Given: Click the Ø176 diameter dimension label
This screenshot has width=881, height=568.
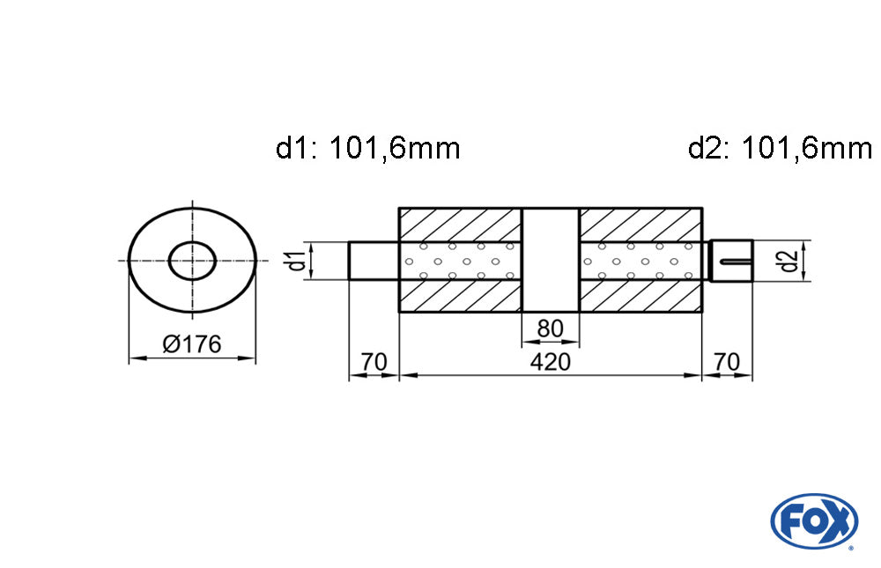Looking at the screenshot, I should coord(192,344).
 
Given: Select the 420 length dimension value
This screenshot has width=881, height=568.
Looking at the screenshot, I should coord(551,362).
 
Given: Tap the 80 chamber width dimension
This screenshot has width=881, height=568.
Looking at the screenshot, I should coord(551,328).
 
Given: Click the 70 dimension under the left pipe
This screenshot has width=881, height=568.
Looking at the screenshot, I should coord(374,362).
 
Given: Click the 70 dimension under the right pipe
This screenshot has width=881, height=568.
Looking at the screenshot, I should coord(728,362).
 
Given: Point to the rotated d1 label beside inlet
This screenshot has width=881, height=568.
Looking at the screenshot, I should coord(298,261).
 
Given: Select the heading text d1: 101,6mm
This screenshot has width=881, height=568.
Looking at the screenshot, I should coord(368,148).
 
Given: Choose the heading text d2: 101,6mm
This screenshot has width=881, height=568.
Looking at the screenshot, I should coord(780,148).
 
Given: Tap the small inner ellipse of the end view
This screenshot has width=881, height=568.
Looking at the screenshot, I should coord(192,260).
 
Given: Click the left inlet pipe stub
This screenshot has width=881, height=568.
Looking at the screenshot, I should coord(374,261).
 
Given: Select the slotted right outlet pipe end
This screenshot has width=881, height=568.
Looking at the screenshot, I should coord(732,261).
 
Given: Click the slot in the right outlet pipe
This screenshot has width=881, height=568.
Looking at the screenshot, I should coord(736,261).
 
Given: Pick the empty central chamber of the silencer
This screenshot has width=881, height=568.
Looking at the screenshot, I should coord(551,260).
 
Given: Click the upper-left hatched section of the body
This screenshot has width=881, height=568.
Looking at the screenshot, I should coord(461,224).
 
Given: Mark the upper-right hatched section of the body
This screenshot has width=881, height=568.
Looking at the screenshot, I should coord(641,224).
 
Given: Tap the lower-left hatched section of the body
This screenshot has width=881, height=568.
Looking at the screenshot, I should coord(461,297).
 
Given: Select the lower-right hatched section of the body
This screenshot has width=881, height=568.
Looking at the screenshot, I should coord(641,297).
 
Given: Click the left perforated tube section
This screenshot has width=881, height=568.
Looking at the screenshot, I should coord(461,261).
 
